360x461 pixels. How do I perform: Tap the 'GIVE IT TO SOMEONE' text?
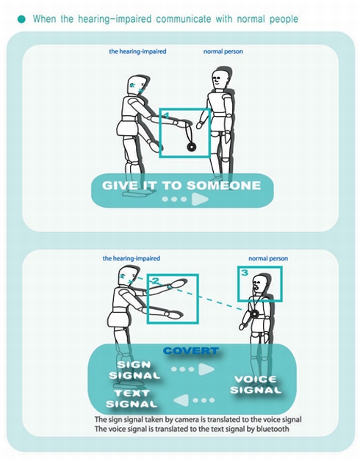tap(181, 185)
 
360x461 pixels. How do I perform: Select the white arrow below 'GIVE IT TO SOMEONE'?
tap(199, 199)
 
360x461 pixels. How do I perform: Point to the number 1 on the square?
tap(166, 115)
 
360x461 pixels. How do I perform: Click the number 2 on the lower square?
tap(155, 281)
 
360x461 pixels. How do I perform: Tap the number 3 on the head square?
tap(245, 273)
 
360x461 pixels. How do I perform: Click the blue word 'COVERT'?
tap(191, 351)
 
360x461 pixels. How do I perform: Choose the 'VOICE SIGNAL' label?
tap(256, 384)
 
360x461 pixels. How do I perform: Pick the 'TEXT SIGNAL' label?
tap(132, 399)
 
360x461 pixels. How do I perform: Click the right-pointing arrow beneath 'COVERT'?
tap(206, 369)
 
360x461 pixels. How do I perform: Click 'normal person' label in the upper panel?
tap(223, 52)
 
